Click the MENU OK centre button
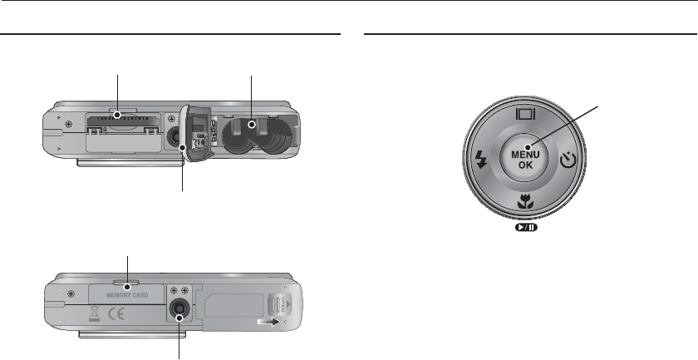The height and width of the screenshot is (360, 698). (x=525, y=157)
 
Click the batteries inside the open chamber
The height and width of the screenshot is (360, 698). (x=252, y=136)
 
